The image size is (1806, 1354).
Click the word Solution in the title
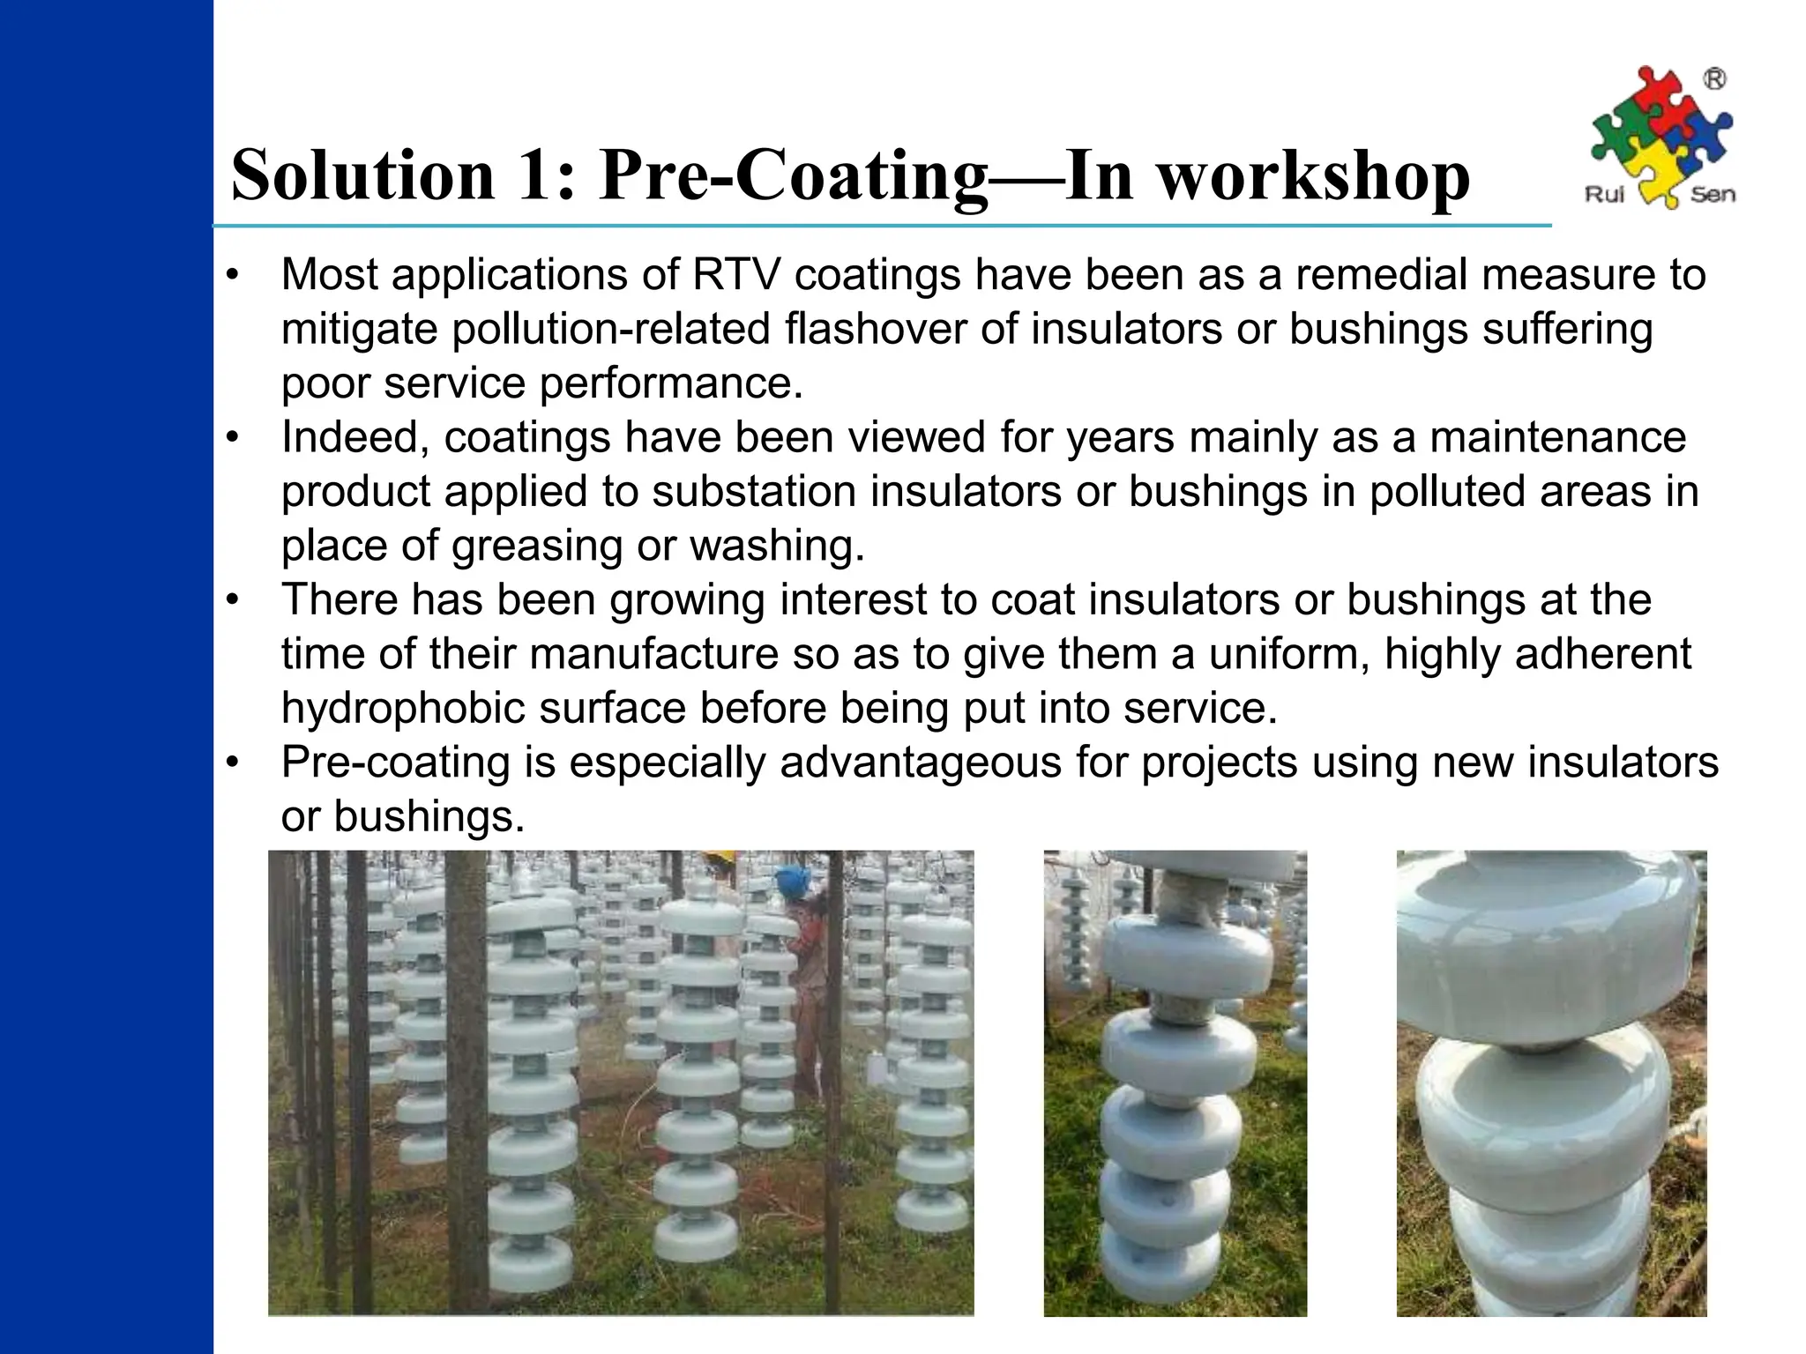coord(362,175)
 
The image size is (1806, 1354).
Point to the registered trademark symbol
coord(1714,80)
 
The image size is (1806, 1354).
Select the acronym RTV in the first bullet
coord(736,274)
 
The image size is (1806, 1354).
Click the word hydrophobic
coord(403,708)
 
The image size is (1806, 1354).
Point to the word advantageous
coord(921,763)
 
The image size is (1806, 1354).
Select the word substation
coord(754,492)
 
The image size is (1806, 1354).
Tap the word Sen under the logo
coord(1713,195)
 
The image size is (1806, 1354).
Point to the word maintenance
coord(1557,437)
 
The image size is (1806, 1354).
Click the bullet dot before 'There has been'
coord(232,600)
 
